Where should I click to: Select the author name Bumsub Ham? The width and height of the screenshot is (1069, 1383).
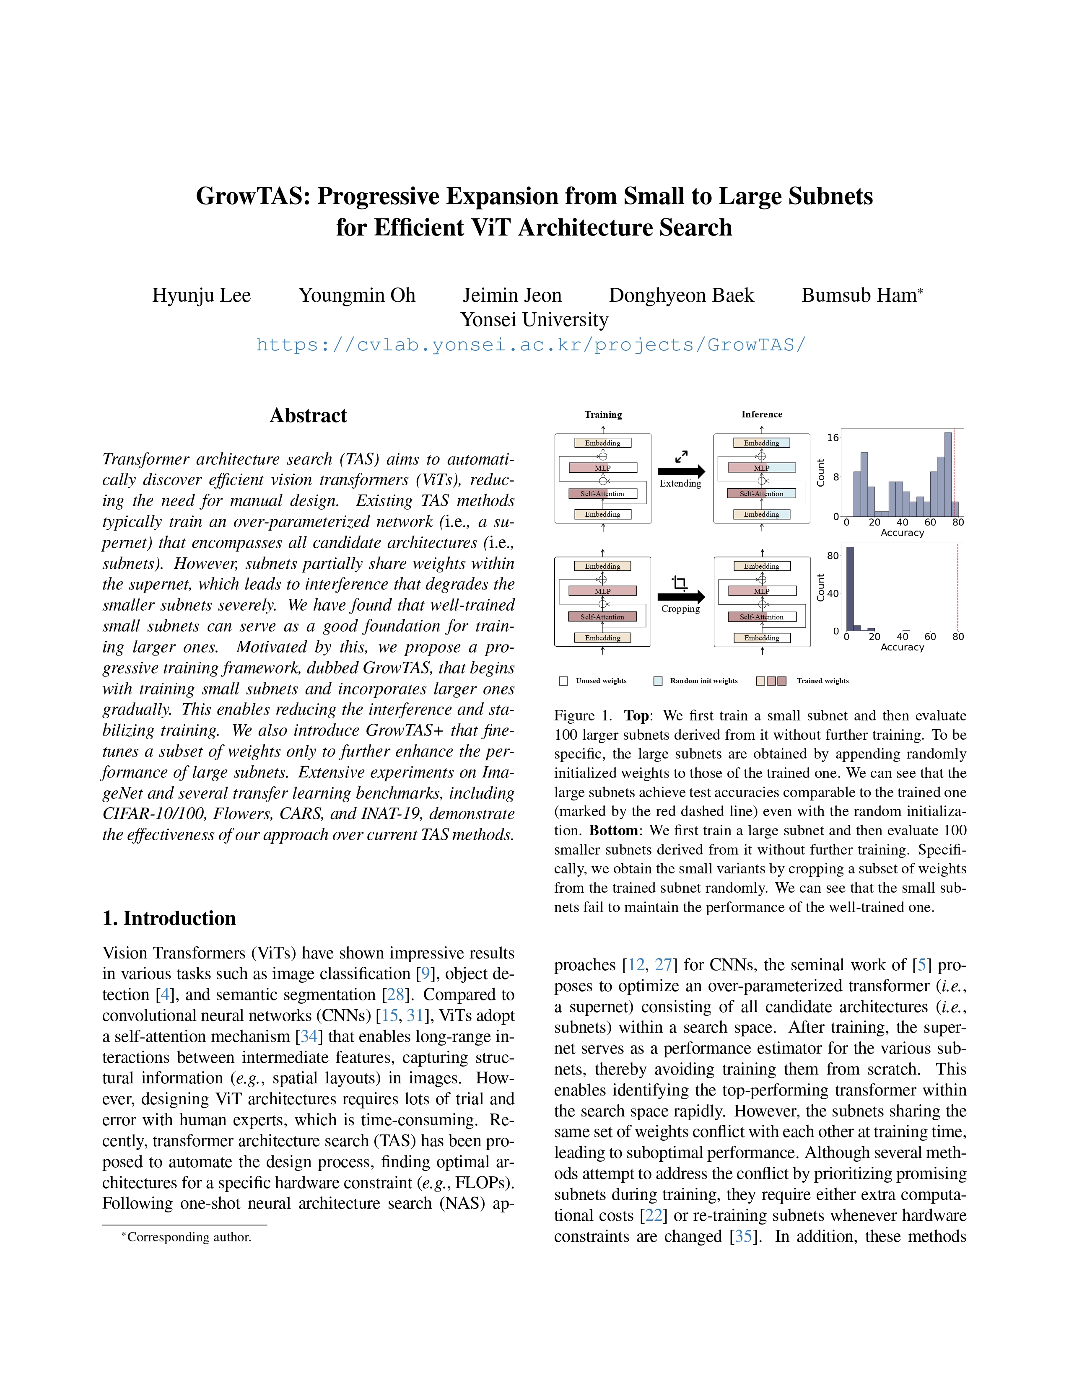[859, 296]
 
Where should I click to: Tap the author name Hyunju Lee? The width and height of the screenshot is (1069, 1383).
[201, 296]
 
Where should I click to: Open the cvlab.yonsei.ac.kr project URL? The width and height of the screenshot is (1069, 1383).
[531, 345]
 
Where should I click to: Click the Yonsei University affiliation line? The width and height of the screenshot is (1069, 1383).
[534, 320]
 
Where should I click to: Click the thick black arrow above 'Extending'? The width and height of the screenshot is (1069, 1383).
[681, 471]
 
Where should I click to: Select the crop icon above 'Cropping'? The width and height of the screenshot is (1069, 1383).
[680, 583]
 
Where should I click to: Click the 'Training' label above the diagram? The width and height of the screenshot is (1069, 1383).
[603, 415]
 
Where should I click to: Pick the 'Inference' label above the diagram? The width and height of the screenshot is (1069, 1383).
[761, 414]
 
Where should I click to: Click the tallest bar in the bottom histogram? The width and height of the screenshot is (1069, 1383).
[850, 589]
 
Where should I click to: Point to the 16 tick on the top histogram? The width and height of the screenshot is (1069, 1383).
[833, 438]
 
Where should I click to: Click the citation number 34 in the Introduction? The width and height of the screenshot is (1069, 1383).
[309, 1036]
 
